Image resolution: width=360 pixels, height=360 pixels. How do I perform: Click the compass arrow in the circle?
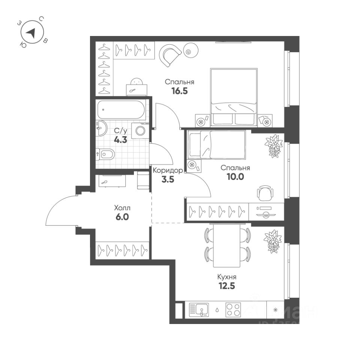click(x=33, y=33)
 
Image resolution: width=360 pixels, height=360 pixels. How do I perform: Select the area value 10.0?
click(x=235, y=177)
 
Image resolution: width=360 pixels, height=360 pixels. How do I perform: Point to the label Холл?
click(x=122, y=207)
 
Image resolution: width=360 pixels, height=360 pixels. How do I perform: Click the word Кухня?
click(x=227, y=277)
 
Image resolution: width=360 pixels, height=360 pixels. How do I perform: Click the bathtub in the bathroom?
click(x=120, y=109)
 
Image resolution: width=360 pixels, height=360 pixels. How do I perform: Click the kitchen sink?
click(x=199, y=310)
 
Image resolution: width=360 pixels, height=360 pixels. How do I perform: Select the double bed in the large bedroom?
click(x=234, y=96)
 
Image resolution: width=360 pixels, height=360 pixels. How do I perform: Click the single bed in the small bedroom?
click(x=217, y=144)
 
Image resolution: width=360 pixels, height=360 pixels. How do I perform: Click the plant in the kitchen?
click(x=272, y=240)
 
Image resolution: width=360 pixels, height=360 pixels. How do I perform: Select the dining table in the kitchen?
click(x=226, y=244)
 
